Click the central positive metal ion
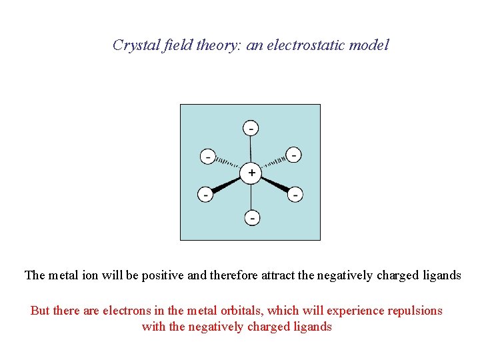251,173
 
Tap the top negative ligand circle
251,127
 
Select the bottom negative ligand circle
252,217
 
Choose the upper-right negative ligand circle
293,155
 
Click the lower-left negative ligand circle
206,195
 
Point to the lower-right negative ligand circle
295,195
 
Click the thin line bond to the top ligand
251,150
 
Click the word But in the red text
40,311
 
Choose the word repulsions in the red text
414,311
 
